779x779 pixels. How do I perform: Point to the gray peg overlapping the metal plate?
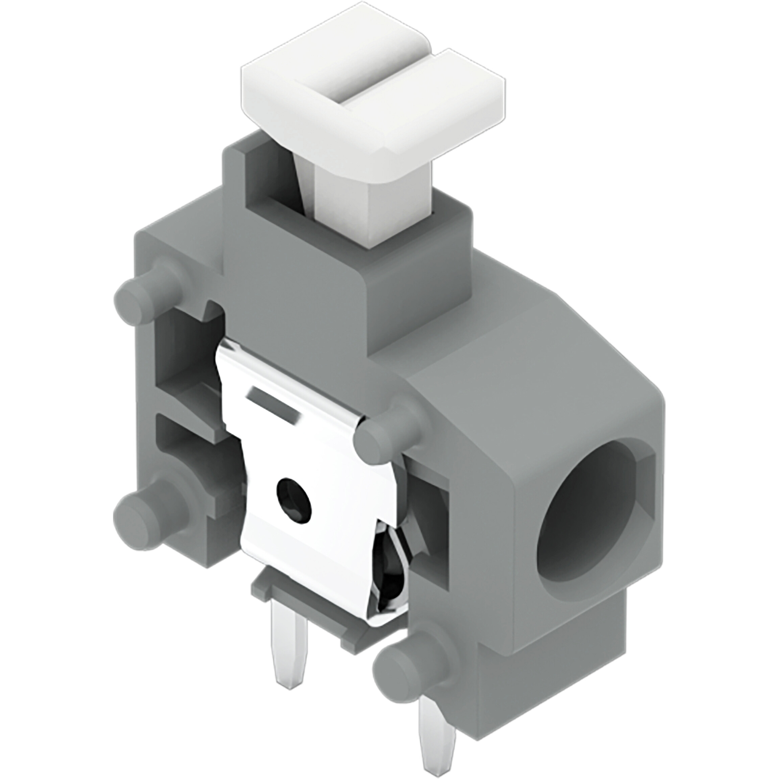[379, 444]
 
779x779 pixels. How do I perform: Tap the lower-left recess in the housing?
[190, 456]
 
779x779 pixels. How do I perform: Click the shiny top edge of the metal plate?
[290, 375]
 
